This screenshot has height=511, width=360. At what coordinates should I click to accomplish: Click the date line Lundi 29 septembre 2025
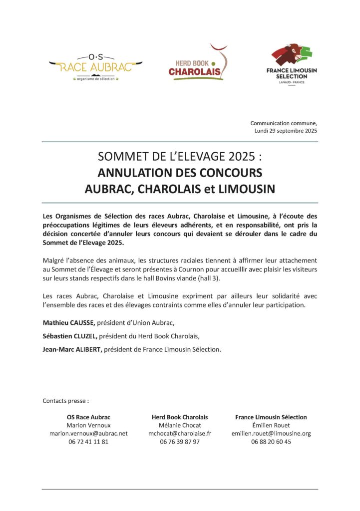pos(286,131)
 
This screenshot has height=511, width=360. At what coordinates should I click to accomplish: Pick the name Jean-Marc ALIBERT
pos(72,350)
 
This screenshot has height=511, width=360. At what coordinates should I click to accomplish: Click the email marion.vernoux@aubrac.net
pos(88,433)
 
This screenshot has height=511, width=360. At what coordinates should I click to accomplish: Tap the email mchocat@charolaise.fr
pos(180,433)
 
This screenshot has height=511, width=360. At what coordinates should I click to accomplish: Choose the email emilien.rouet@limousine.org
pos(271,433)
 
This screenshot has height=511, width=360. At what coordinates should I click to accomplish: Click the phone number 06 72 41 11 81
pos(88,442)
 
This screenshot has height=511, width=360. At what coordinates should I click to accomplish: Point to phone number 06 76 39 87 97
pos(180,442)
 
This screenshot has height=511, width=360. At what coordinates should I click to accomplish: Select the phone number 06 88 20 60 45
pos(271,442)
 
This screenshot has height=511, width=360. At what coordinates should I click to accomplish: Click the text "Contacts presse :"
pos(66,400)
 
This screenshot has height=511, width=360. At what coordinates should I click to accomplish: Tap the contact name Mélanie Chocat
pos(180,425)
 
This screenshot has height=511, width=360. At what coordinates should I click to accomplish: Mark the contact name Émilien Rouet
pos(271,425)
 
